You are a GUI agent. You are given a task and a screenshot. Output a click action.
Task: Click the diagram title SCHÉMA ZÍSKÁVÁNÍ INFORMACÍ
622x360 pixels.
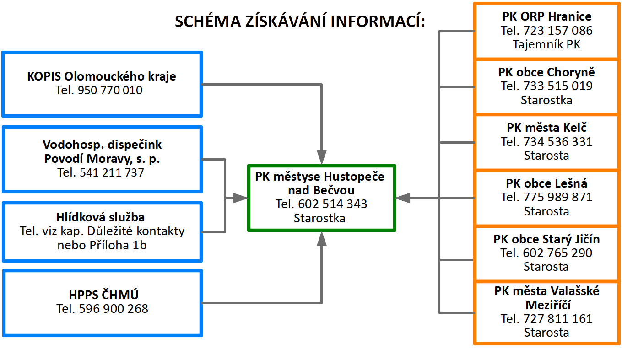tap(300, 21)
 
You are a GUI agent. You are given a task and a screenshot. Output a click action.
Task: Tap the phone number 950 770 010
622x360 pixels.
tap(110, 90)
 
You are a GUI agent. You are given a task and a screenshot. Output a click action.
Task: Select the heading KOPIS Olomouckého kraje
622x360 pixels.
tap(101, 76)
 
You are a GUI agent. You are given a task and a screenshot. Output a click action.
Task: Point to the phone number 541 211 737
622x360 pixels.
tap(112, 172)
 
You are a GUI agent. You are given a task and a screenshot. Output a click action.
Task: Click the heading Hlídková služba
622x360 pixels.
tap(100, 217)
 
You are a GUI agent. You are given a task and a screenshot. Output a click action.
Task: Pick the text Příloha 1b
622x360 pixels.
tap(118, 245)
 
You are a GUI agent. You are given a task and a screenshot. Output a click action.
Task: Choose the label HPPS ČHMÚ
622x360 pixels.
tap(103, 295)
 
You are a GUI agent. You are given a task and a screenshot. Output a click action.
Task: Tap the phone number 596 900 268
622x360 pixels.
tap(114, 309)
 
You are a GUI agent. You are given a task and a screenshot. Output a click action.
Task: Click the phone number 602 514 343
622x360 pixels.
tap(333, 204)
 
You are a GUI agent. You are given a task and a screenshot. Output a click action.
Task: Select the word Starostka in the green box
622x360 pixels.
tap(319, 218)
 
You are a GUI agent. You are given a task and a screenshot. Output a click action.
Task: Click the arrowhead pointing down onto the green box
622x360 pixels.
tap(322, 157)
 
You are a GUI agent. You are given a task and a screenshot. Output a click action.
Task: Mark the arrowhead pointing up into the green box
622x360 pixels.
tap(322, 239)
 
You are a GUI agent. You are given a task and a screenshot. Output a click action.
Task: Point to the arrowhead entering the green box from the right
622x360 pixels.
tap(403, 198)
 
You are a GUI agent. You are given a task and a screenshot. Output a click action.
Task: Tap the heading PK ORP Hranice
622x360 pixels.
tap(547, 16)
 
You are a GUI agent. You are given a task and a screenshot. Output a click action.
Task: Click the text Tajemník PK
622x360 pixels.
tap(546, 44)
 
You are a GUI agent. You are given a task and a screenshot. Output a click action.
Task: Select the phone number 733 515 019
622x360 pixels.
tap(558, 86)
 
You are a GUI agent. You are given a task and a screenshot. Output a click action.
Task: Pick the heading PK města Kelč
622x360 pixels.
tap(546, 128)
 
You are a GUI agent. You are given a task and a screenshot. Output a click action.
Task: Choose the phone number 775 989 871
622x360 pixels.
tap(558, 197)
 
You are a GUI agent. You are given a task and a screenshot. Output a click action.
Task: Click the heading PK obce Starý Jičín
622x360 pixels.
tap(546, 239)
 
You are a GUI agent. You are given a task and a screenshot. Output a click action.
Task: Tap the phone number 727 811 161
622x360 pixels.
tap(558, 319)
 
